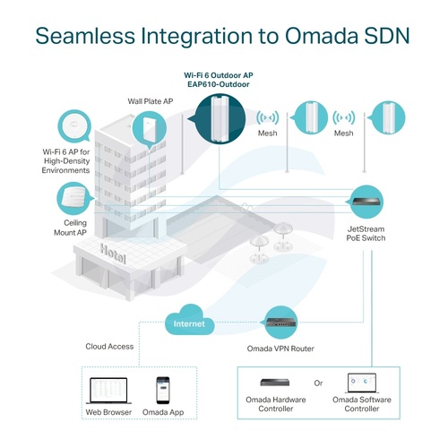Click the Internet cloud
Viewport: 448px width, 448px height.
(190, 320)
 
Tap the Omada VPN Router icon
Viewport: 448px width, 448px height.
(280, 323)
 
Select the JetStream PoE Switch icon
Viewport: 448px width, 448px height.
(366, 202)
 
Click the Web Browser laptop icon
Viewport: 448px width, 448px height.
(108, 391)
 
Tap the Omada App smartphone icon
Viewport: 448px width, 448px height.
(163, 391)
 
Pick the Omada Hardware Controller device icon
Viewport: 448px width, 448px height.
(275, 382)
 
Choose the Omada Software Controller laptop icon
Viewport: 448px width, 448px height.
(362, 383)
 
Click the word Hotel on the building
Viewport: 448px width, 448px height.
(113, 254)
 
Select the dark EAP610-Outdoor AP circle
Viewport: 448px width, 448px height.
(220, 118)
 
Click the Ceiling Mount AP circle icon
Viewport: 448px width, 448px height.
(74, 199)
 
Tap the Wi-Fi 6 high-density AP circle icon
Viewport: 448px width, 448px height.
(74, 125)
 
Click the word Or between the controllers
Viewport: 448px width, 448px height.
(318, 383)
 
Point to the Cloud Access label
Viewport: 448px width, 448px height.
(109, 347)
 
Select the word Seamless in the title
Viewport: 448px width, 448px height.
(86, 36)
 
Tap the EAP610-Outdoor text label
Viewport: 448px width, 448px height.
(219, 84)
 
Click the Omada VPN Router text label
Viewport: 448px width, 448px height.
(280, 349)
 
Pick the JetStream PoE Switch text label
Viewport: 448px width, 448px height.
(366, 234)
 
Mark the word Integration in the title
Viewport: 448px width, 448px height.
(197, 37)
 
